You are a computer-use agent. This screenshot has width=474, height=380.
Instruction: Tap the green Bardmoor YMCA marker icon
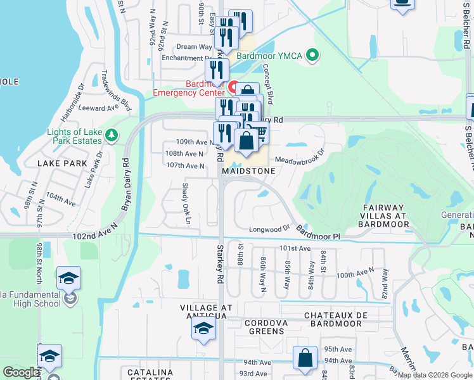click(311, 56)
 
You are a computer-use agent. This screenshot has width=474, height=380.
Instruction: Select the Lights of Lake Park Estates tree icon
click(112, 135)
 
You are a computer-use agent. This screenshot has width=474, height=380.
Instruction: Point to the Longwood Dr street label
click(269, 229)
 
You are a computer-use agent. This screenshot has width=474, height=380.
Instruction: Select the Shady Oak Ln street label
click(186, 203)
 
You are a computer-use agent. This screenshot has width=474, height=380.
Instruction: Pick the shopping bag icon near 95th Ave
click(305, 357)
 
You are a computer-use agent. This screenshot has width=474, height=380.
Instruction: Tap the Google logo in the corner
click(22, 372)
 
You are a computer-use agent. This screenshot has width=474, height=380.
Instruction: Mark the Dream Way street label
click(194, 47)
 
